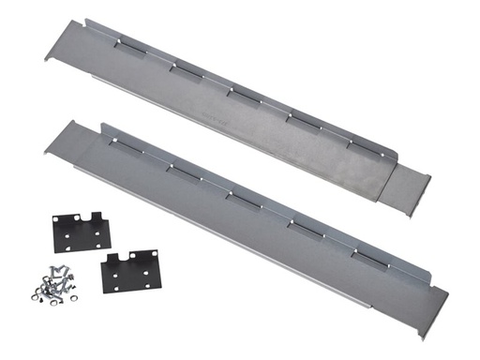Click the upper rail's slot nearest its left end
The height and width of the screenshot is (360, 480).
[x=124, y=44]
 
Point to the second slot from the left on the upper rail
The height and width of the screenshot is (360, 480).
[x=182, y=67]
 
